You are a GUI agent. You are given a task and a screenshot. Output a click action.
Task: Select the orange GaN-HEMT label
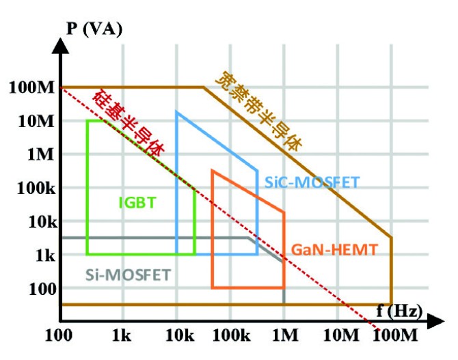point(334,250)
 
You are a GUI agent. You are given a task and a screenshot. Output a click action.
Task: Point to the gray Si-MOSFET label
point(128,275)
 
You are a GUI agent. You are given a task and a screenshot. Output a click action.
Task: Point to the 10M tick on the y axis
point(30,121)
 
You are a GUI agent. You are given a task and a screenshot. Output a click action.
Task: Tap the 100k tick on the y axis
point(30,188)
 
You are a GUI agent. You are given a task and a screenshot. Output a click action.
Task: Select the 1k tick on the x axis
point(121,336)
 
